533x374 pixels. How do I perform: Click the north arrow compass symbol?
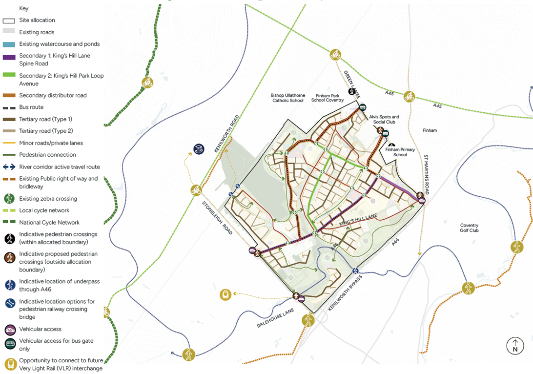(514, 346)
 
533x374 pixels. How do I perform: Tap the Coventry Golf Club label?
(469, 228)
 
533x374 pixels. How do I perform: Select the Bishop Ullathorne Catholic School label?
(287, 98)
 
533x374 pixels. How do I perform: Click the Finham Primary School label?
(400, 152)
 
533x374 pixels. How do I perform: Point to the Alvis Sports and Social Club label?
(384, 120)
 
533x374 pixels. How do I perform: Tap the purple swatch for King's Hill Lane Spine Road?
(9, 58)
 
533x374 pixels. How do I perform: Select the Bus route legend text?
(31, 107)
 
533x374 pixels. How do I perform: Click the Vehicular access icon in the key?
(10, 330)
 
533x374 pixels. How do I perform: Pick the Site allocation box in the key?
(9, 21)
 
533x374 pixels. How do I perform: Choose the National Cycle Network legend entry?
(42, 222)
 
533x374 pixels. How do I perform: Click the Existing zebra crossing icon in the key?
(9, 199)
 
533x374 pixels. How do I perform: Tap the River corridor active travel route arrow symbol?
(9, 167)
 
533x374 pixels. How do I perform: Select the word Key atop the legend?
(23, 8)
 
